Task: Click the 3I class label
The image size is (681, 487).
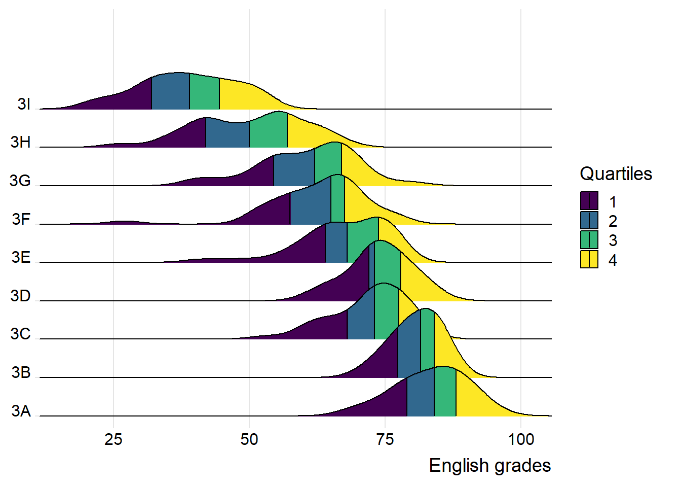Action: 24,104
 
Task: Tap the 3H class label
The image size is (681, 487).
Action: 21,142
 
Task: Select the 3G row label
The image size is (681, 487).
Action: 20,181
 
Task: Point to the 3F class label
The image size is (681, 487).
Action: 21,219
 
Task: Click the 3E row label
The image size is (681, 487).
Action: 21,257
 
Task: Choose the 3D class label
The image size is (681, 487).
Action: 21,296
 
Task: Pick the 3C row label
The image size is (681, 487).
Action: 21,334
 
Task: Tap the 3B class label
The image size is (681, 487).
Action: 21,372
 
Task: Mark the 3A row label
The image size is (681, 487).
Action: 21,411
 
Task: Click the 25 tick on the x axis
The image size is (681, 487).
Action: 113,439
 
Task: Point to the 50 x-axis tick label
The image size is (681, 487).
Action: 249,439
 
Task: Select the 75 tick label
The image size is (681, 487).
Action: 385,439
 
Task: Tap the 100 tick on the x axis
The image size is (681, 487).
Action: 521,439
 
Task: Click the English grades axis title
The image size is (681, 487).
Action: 489,466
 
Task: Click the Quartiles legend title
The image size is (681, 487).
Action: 616,174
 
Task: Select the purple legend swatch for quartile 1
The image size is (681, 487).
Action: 589,201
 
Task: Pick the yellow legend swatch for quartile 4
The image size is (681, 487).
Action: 589,259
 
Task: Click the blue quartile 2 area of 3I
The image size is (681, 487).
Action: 171,92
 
